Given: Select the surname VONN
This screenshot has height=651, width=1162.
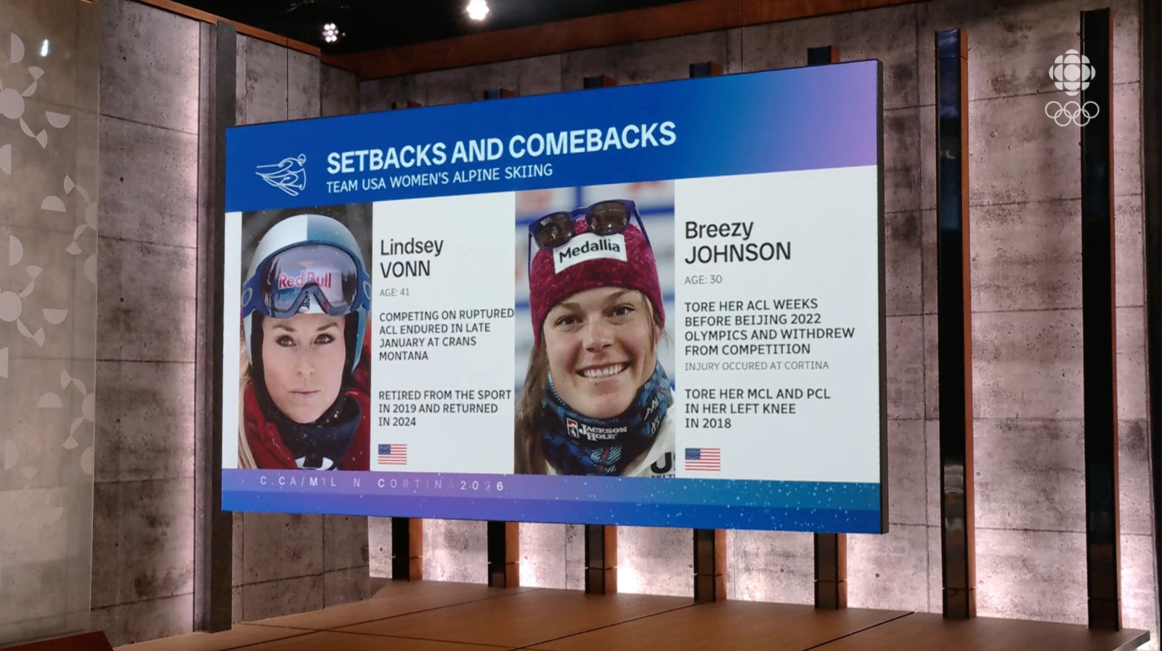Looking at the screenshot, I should click(405, 269).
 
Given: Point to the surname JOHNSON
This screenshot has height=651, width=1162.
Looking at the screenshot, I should click(737, 253).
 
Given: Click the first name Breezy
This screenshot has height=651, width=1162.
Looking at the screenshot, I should click(718, 229).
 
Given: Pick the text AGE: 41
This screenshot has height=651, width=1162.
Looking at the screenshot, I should click(394, 292).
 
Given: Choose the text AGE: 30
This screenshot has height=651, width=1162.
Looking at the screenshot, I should click(703, 280).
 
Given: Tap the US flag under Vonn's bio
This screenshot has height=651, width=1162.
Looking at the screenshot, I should click(392, 454).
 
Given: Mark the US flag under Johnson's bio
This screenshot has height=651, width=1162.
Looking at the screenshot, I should click(702, 459).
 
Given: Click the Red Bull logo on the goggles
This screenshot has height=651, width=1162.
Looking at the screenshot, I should click(304, 280).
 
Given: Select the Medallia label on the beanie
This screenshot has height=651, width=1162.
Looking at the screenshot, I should click(589, 250).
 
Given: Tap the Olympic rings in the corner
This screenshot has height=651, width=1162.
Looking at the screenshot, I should click(1071, 113).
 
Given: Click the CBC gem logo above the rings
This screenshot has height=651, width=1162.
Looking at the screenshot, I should click(1071, 73).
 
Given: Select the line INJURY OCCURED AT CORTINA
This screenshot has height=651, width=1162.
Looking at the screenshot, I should click(756, 365).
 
